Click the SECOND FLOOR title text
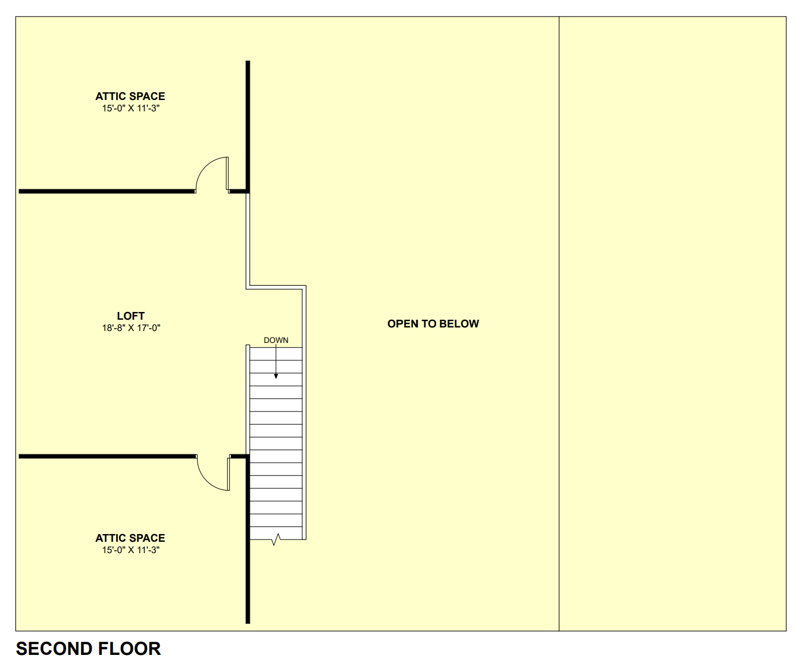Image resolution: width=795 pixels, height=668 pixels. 88,648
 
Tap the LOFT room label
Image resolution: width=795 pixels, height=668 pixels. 131,316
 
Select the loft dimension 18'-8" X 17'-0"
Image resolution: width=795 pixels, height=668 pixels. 131,328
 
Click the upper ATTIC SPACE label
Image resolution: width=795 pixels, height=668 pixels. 130,96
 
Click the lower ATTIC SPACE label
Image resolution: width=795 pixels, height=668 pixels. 130,538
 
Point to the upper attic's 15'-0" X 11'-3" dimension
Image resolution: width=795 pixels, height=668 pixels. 130,108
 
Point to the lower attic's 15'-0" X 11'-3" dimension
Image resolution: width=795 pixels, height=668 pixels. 130,550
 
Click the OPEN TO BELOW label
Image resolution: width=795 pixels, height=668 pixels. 433,324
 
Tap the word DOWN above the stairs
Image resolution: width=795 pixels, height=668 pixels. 276,341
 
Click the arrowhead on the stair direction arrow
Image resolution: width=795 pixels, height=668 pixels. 276,376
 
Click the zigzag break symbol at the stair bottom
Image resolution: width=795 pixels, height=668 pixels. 276,539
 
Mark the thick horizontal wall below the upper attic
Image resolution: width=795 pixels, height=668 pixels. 107,191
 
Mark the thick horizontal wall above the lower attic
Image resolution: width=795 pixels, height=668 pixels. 107,457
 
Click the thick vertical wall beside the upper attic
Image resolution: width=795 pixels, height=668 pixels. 248,119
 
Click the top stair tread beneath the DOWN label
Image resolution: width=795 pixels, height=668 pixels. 276,354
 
